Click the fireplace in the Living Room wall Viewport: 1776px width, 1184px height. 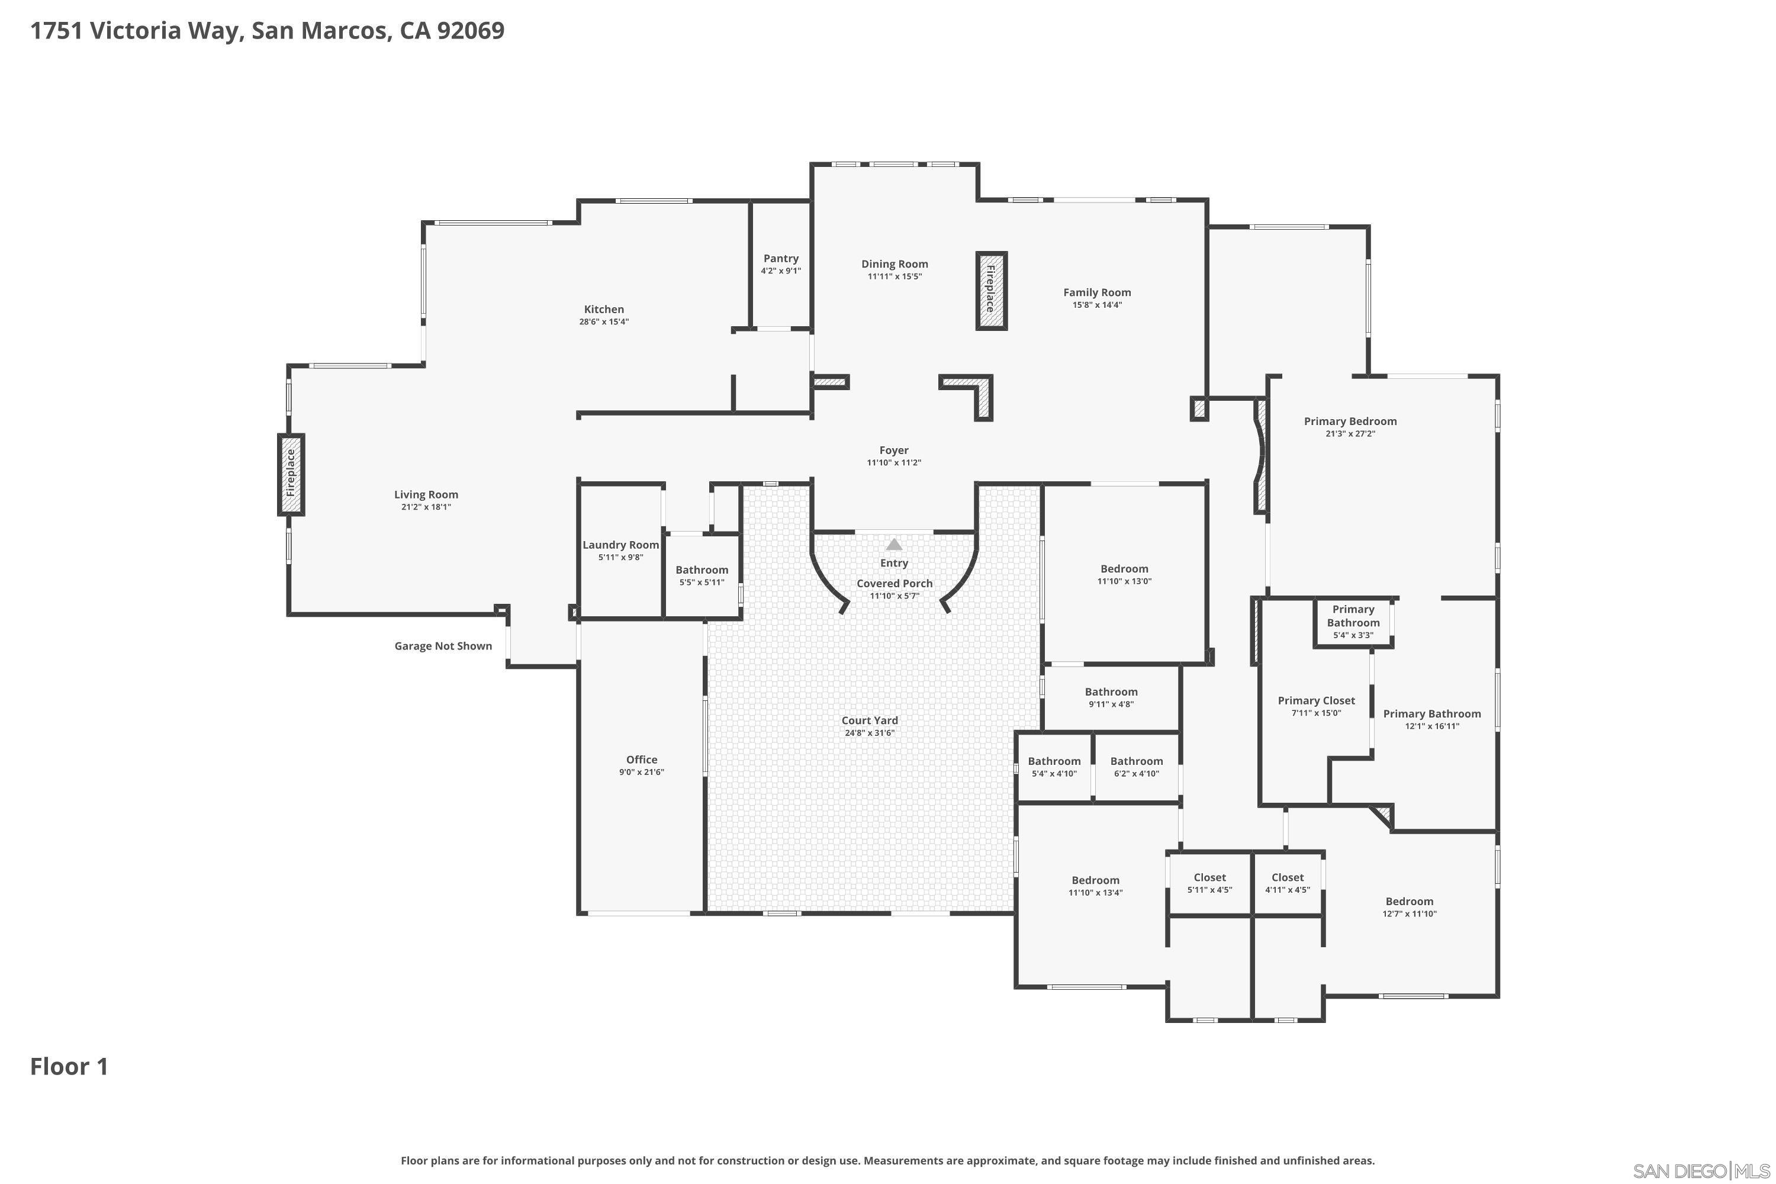click(x=291, y=474)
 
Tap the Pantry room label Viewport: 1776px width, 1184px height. click(x=781, y=258)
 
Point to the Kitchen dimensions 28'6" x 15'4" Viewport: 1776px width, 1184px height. click(x=604, y=321)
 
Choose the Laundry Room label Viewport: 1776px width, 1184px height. click(x=620, y=545)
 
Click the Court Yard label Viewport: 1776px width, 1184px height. click(x=870, y=720)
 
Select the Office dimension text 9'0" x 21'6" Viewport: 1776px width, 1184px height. click(x=642, y=772)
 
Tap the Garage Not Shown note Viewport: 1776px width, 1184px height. click(x=443, y=646)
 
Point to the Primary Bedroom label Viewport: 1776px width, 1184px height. click(x=1350, y=422)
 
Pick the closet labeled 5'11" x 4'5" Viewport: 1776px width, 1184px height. click(x=1209, y=883)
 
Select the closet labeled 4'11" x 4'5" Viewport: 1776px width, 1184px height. click(x=1288, y=883)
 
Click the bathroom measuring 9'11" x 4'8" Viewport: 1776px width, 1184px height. click(x=1111, y=697)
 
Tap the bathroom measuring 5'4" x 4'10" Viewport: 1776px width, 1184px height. click(x=1054, y=767)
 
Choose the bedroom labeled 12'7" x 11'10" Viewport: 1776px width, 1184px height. click(x=1409, y=907)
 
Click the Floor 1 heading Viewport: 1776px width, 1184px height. click(x=69, y=1066)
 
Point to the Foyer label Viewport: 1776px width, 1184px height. click(x=894, y=450)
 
